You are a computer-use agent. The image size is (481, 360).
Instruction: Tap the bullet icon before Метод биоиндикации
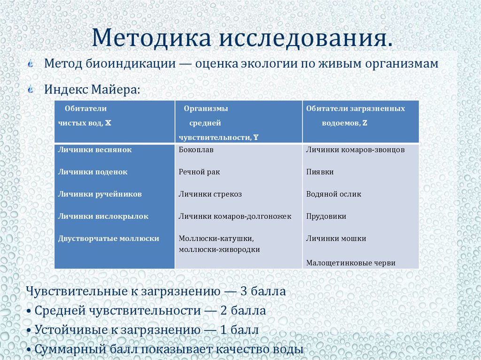pos(31,64)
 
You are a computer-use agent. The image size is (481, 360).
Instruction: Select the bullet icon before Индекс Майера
pos(31,89)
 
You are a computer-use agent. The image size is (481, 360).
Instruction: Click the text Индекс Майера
pos(92,89)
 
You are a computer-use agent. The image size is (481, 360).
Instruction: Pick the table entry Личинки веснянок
pos(95,150)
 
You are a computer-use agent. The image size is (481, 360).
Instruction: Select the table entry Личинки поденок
pos(93,172)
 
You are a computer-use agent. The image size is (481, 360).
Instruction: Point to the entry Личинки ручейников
pos(100,194)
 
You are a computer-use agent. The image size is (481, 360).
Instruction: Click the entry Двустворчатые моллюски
pos(109,238)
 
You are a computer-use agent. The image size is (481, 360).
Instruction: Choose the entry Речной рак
pos(199,172)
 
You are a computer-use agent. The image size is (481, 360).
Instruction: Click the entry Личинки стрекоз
pos(210,194)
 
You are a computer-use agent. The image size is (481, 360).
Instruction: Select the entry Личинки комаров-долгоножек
pos(235,216)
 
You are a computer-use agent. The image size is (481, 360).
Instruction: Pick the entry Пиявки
pos(320,172)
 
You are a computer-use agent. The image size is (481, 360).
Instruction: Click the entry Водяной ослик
pos(334,194)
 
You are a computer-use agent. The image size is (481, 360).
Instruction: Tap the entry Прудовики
pos(326,216)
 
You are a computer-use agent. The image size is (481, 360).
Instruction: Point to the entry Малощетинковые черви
pos(350,263)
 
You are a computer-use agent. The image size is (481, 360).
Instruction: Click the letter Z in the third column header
pos(365,123)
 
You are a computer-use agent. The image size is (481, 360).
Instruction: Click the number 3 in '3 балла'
pos(244,291)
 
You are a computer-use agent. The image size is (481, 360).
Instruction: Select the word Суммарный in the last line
pos(68,350)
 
